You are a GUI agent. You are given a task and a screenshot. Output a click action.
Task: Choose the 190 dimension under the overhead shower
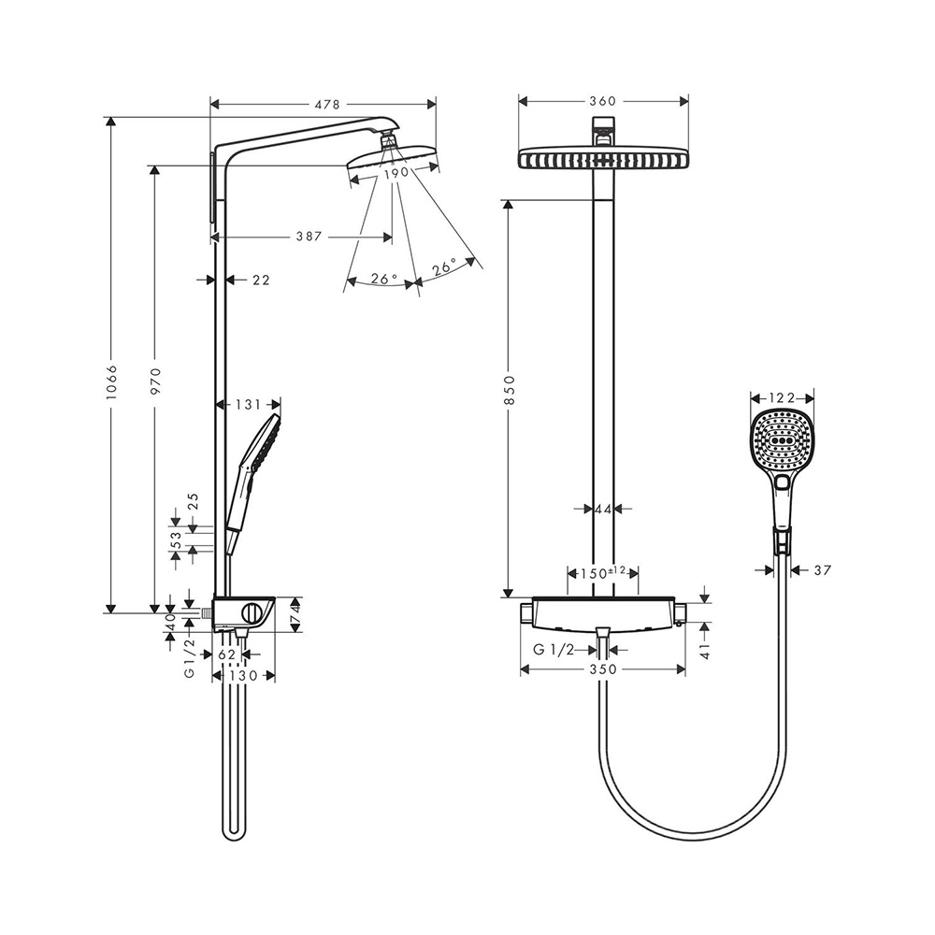[x=393, y=173]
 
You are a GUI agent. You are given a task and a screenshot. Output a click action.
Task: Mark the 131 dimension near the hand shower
[x=247, y=405]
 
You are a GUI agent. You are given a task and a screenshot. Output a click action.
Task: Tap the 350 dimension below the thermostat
[x=603, y=669]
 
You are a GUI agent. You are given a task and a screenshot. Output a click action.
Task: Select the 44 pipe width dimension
[x=602, y=509]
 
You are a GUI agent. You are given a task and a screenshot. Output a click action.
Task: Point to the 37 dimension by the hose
[x=823, y=569]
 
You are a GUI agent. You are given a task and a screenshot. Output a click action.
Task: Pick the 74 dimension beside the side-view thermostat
[x=295, y=613]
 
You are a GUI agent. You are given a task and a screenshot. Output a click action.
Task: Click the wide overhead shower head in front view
[x=603, y=160]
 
